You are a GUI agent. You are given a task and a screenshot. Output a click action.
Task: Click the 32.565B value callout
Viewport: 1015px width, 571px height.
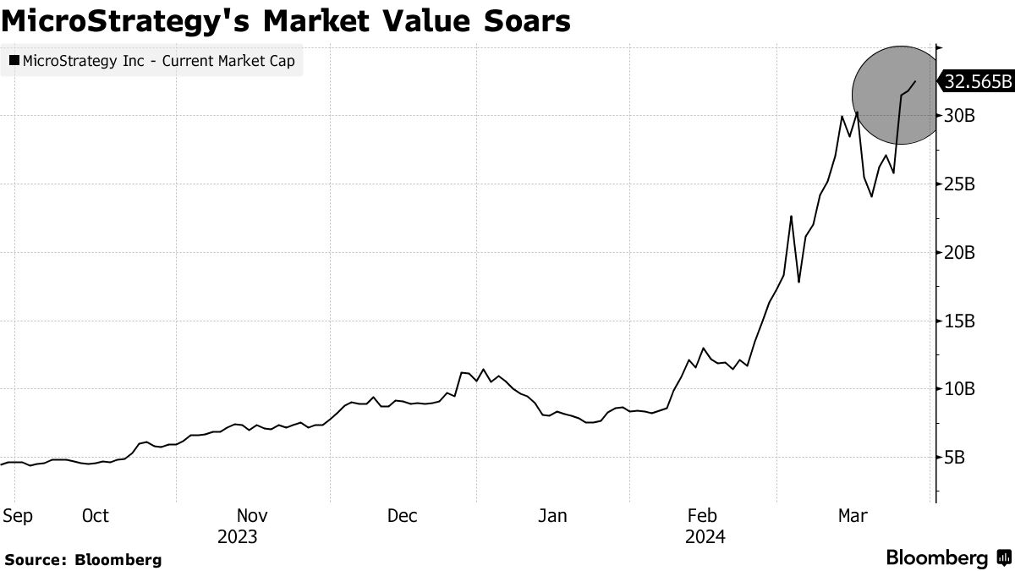978,81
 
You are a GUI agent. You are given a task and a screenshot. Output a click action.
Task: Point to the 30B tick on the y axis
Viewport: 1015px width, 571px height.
961,116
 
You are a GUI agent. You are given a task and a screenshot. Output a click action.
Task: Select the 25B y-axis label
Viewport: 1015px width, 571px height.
961,184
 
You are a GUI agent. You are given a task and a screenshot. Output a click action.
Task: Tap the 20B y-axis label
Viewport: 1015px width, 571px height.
961,253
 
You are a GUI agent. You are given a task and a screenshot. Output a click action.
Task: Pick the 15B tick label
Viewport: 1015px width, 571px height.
961,321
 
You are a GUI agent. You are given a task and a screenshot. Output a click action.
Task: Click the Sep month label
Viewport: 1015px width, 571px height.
18,516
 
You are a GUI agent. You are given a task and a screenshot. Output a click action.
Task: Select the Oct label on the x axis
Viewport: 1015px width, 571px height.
96,516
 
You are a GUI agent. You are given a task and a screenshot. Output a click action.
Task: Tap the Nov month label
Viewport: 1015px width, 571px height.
252,516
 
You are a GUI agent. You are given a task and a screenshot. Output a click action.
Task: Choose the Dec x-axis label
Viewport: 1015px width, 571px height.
402,516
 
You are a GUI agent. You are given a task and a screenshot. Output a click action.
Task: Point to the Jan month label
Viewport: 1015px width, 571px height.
552,516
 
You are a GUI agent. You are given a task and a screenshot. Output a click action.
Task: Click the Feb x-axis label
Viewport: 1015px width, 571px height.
702,516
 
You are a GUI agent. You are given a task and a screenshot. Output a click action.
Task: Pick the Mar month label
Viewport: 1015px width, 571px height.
852,516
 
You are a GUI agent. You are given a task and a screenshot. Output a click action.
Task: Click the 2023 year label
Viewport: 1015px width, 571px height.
238,537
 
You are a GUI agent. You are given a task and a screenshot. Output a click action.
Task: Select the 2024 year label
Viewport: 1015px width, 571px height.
705,537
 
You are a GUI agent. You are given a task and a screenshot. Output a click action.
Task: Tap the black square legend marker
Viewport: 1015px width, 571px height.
14,61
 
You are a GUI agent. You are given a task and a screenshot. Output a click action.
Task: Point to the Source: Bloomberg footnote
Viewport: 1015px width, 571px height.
83,559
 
